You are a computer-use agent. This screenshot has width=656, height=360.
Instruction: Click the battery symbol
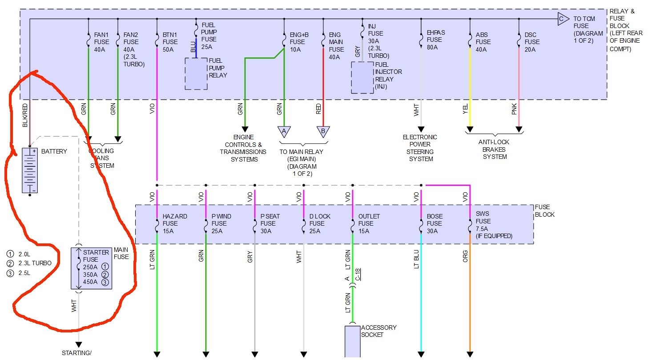(30, 171)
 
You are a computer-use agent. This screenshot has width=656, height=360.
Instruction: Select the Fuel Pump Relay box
(196, 73)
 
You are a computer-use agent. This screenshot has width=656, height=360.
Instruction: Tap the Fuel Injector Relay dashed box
(362, 77)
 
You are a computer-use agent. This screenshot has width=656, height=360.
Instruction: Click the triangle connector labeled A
(284, 132)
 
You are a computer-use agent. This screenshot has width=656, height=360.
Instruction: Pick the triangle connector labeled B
(323, 132)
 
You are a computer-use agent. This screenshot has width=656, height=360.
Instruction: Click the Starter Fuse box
(92, 268)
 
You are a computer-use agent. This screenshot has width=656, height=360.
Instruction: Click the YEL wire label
(465, 109)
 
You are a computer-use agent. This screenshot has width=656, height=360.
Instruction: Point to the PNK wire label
(514, 109)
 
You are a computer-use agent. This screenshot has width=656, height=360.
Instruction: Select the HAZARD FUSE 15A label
(175, 223)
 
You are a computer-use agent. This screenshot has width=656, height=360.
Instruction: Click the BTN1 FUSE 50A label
(170, 42)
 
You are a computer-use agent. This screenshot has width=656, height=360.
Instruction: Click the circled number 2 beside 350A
(105, 275)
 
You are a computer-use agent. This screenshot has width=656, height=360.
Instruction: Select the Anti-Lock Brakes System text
(494, 150)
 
